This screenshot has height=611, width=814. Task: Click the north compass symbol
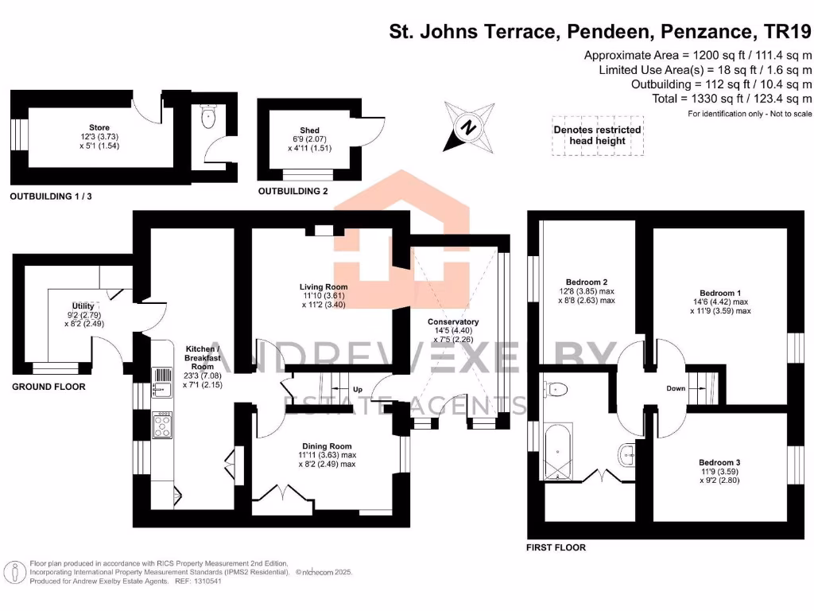pyautogui.click(x=468, y=126)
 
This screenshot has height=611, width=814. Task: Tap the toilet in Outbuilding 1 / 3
pyautogui.click(x=208, y=119)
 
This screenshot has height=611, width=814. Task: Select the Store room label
pyautogui.click(x=99, y=127)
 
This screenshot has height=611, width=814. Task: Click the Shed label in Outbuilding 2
pyautogui.click(x=310, y=130)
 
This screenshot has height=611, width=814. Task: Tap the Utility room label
pyautogui.click(x=83, y=306)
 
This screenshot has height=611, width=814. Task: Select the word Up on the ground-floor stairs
pyautogui.click(x=358, y=390)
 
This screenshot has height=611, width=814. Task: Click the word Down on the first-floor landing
pyautogui.click(x=676, y=389)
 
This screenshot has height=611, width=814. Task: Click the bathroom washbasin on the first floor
pyautogui.click(x=627, y=454)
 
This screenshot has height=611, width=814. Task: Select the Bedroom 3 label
pyautogui.click(x=719, y=462)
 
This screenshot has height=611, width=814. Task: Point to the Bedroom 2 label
pyautogui.click(x=587, y=282)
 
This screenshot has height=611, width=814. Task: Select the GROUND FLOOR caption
pyautogui.click(x=48, y=387)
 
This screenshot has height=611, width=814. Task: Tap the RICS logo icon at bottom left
pyautogui.click(x=14, y=571)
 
